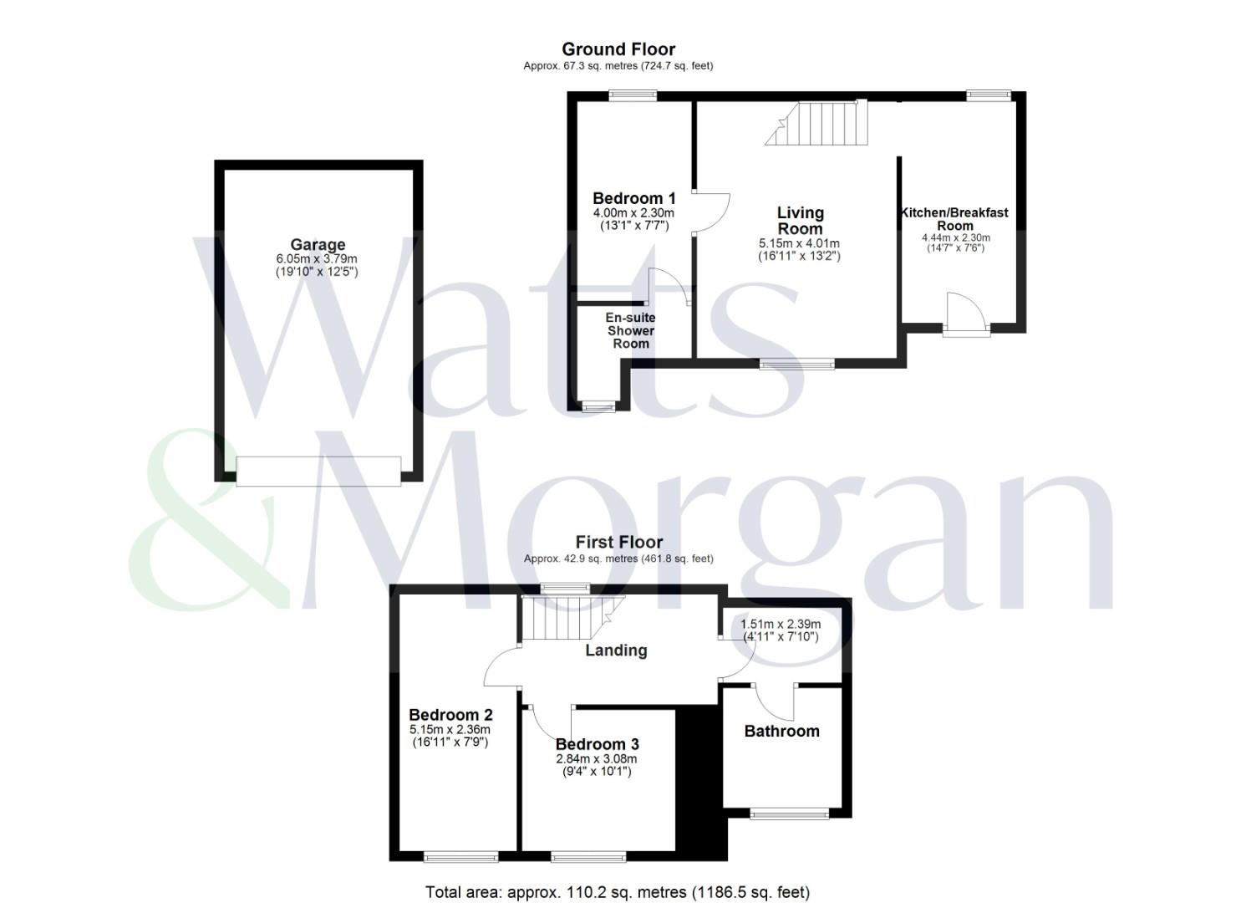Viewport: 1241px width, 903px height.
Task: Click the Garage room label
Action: [x=318, y=245]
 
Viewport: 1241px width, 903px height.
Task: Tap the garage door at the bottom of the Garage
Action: [x=318, y=471]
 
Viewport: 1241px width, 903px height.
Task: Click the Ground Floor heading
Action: [x=618, y=49]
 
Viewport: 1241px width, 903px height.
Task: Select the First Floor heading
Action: [x=618, y=543]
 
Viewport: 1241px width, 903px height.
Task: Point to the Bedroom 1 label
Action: [x=633, y=199]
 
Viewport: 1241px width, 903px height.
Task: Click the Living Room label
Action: [x=800, y=221]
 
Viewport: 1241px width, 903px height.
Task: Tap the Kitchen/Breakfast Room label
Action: [x=954, y=219]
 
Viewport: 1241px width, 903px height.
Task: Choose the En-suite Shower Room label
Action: [x=631, y=330]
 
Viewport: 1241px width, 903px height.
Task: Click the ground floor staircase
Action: [x=819, y=123]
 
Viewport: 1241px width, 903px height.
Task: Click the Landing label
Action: [x=616, y=650]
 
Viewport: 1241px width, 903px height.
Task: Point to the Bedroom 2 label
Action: [x=450, y=715]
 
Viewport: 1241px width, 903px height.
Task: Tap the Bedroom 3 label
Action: [x=597, y=744]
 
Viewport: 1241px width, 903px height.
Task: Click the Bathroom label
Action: [x=781, y=731]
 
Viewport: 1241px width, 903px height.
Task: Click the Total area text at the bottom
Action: [x=618, y=892]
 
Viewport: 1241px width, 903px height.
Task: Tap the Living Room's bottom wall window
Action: [x=796, y=364]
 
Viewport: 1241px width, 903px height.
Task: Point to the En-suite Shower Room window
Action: [x=598, y=407]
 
